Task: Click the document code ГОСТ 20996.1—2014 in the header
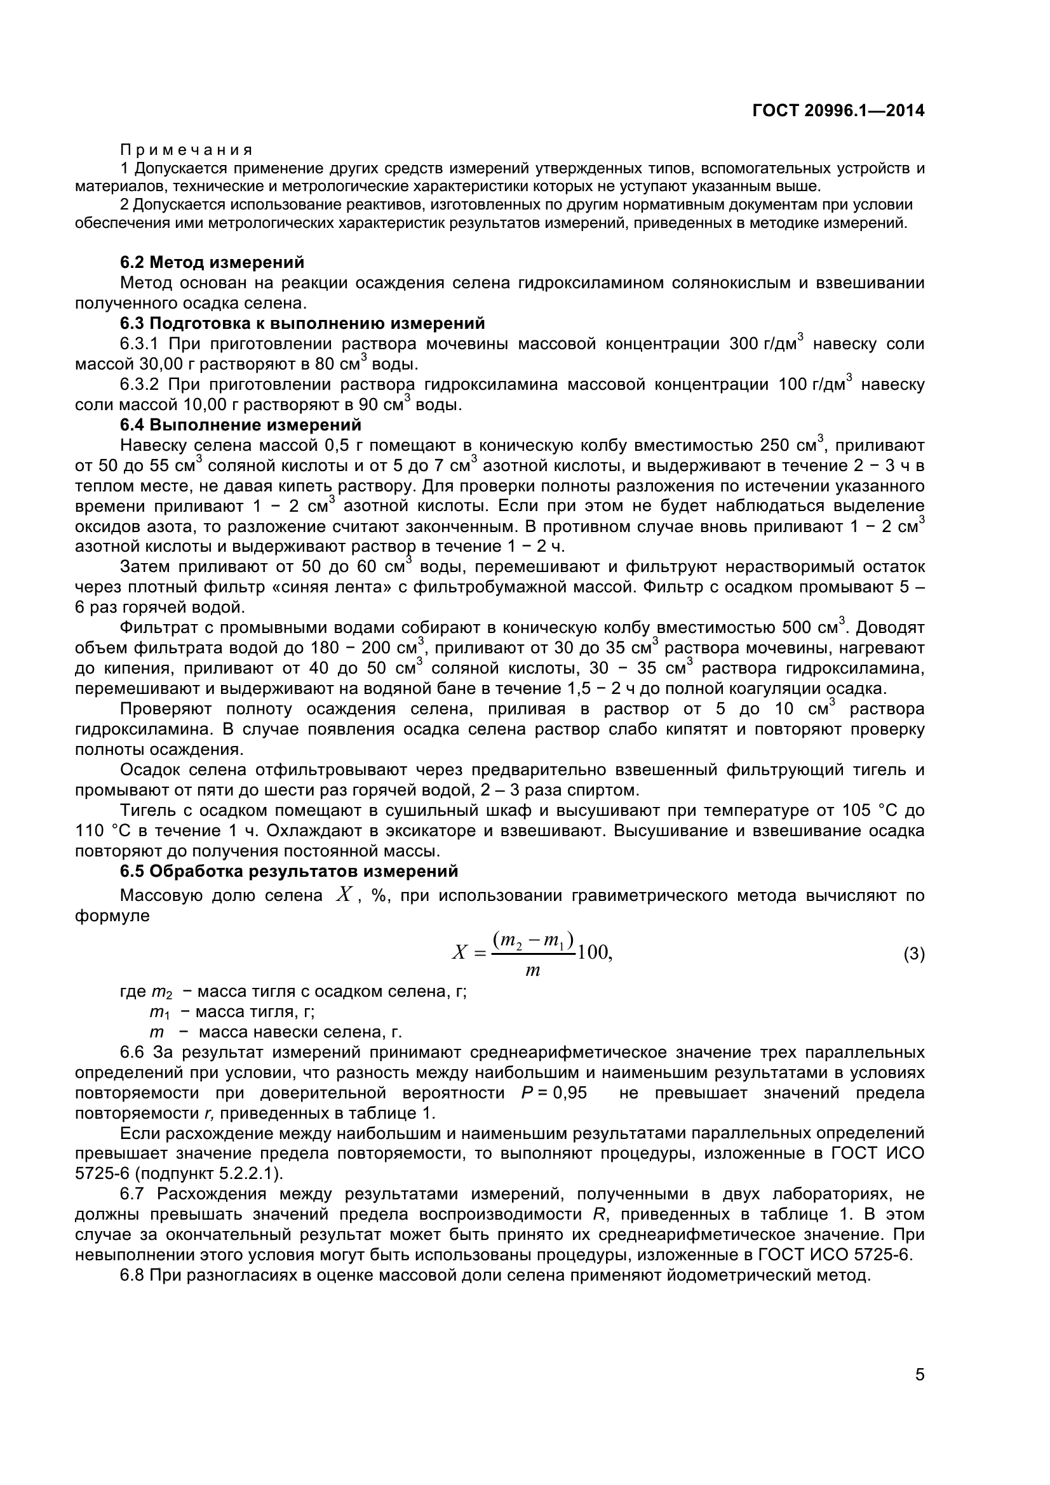point(838,110)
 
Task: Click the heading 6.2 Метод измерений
point(212,263)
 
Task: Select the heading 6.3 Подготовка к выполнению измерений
point(302,323)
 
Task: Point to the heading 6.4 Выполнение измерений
point(240,425)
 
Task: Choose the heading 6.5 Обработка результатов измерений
point(288,871)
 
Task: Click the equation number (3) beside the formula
point(913,955)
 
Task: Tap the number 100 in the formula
point(592,954)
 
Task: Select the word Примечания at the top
point(186,150)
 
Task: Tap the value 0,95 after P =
point(570,1094)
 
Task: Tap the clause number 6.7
point(134,1194)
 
